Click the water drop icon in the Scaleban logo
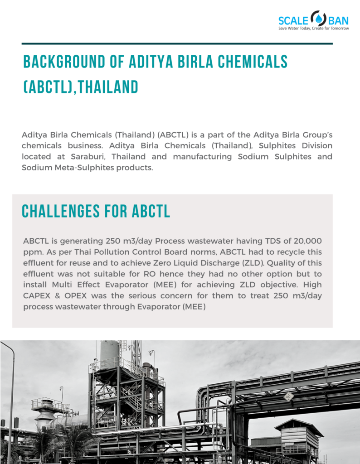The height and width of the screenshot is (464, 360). click(x=320, y=19)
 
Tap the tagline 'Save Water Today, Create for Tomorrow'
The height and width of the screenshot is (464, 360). click(x=313, y=29)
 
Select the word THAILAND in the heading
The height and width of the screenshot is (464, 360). click(x=108, y=87)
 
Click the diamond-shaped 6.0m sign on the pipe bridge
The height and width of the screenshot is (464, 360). click(x=288, y=396)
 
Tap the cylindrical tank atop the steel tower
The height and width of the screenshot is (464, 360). click(x=109, y=353)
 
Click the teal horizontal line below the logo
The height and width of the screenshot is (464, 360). click(x=177, y=44)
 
